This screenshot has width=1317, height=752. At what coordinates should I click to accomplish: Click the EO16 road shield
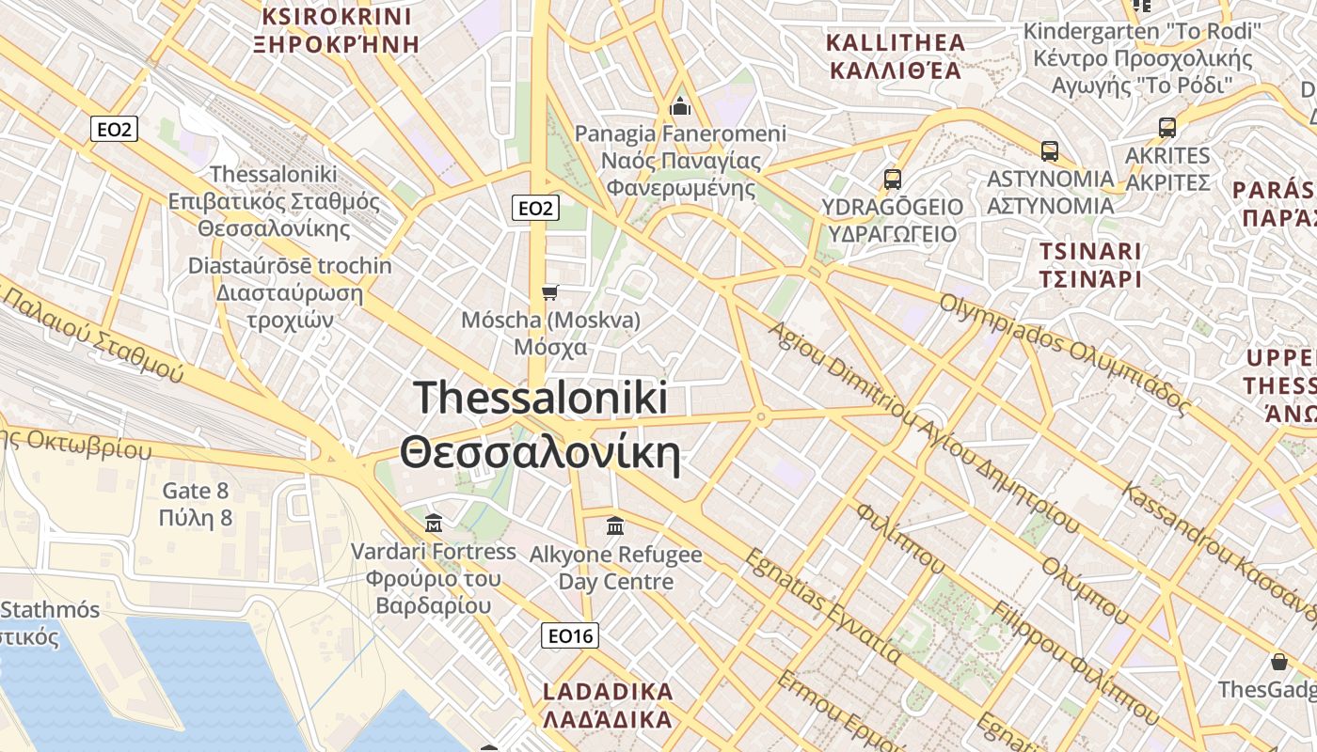571,636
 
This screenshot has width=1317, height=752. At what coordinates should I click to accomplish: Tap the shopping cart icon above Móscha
550,293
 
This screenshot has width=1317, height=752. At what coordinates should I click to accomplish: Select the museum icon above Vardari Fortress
434,523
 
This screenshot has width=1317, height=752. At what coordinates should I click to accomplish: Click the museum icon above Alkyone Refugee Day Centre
615,525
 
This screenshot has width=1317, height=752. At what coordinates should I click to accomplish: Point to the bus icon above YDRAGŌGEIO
892,179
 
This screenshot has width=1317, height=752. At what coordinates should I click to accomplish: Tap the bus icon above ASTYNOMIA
1050,150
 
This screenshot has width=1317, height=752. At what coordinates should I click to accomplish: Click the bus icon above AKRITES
1167,128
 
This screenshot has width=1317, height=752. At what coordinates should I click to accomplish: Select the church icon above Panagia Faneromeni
680,105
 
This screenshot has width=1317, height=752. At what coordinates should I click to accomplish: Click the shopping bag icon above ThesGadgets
1278,662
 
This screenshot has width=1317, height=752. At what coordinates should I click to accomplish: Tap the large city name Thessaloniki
540,399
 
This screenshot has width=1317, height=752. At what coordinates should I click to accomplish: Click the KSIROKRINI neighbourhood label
337,17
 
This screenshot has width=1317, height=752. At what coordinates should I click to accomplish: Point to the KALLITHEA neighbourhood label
896,42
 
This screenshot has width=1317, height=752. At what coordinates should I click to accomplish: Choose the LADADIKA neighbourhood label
608,693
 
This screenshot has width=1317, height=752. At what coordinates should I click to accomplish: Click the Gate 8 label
196,491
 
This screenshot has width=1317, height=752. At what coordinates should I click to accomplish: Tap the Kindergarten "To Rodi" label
1142,32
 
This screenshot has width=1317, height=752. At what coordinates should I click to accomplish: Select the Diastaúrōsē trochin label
290,266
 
